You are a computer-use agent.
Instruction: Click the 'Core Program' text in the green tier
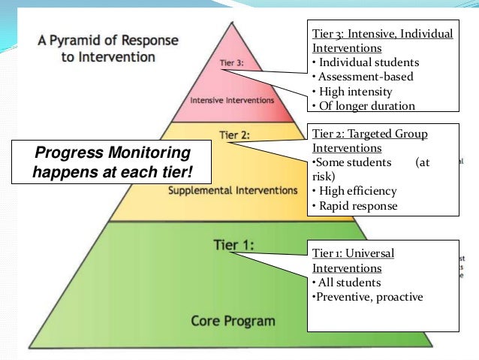click(x=233, y=321)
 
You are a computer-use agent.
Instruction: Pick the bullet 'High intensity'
click(x=353, y=92)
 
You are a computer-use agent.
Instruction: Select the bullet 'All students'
click(x=346, y=283)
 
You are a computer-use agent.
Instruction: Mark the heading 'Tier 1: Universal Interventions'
click(x=352, y=260)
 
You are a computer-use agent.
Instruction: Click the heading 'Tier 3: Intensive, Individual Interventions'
click(x=382, y=41)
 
